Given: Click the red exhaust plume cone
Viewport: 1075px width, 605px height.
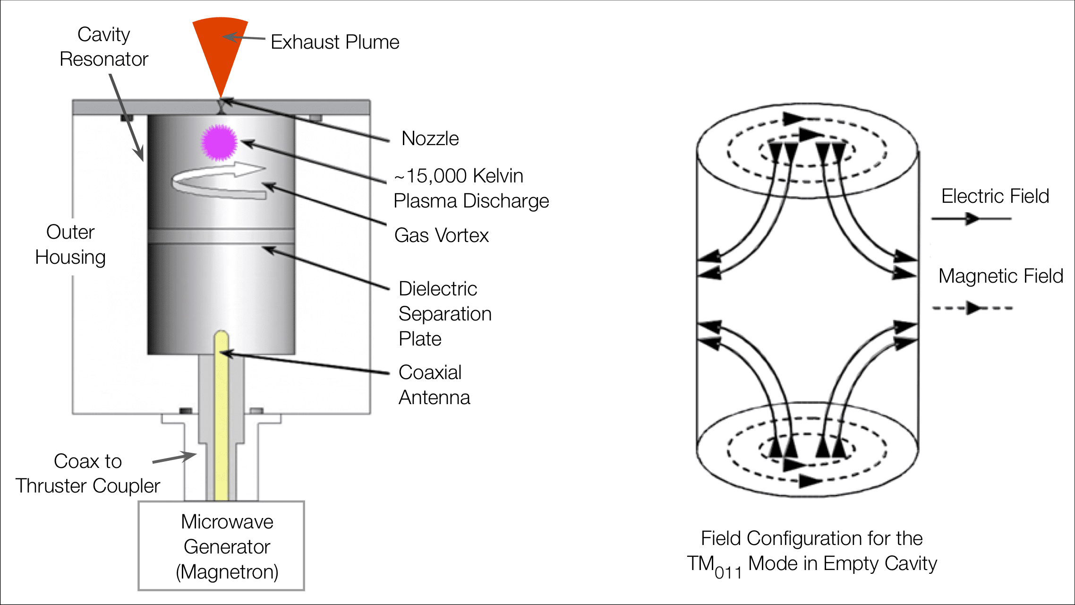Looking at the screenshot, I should click(x=221, y=47).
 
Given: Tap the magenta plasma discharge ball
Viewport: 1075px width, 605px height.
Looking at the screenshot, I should click(x=219, y=142).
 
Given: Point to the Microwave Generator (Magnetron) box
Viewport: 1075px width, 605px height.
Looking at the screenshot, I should click(x=222, y=546).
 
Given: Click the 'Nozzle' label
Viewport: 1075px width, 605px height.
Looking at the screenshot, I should click(x=430, y=138).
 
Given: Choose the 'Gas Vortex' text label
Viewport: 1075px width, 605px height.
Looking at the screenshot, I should click(x=441, y=235).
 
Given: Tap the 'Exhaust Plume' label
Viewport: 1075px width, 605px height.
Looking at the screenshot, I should click(x=335, y=42).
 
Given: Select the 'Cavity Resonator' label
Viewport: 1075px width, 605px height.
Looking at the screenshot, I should click(x=104, y=47).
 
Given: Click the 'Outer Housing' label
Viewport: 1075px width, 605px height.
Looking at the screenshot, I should click(x=70, y=245).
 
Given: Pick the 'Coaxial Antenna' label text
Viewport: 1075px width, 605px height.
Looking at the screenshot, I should click(x=434, y=385).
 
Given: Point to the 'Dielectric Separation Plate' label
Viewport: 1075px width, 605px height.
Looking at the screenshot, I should click(x=445, y=314).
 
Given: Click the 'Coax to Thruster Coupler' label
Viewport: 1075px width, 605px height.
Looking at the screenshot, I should click(x=88, y=474).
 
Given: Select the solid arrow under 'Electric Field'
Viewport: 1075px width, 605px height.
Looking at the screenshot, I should click(x=971, y=218).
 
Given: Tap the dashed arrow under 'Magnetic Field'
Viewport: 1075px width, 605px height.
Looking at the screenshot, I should click(x=972, y=308).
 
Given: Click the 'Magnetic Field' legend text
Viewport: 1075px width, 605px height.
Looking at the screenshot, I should click(x=1000, y=276).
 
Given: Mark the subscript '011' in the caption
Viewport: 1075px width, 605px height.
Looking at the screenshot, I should click(x=728, y=573).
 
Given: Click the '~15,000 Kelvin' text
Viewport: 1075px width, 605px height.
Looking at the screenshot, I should click(x=459, y=176).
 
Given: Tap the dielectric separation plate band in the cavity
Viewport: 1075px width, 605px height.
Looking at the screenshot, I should click(x=221, y=236).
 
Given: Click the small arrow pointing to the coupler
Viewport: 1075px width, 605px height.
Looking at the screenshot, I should click(x=174, y=458).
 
